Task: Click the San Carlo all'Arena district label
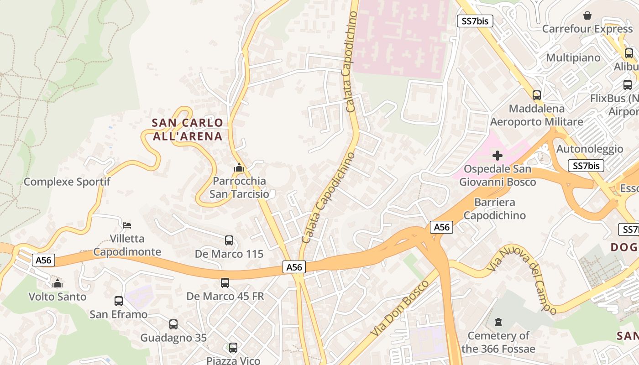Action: click(187, 129)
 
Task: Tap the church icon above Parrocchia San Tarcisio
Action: click(239, 168)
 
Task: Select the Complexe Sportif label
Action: click(67, 182)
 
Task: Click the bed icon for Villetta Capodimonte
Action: click(127, 225)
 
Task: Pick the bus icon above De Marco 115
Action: click(229, 240)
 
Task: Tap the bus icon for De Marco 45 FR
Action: click(225, 283)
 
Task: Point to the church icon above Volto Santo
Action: click(57, 284)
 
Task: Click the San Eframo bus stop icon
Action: click(119, 301)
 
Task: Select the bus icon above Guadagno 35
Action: click(173, 324)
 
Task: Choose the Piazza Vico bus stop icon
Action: click(233, 348)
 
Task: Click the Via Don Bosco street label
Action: click(400, 308)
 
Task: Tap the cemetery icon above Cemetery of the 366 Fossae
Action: click(498, 323)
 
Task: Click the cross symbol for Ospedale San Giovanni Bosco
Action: click(498, 156)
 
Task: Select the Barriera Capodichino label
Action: click(495, 209)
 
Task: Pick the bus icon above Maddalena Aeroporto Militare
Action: click(537, 95)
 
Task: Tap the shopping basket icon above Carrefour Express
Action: click(587, 16)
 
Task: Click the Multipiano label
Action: click(573, 58)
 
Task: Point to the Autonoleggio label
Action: click(590, 149)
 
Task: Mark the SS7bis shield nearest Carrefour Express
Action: click(475, 21)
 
